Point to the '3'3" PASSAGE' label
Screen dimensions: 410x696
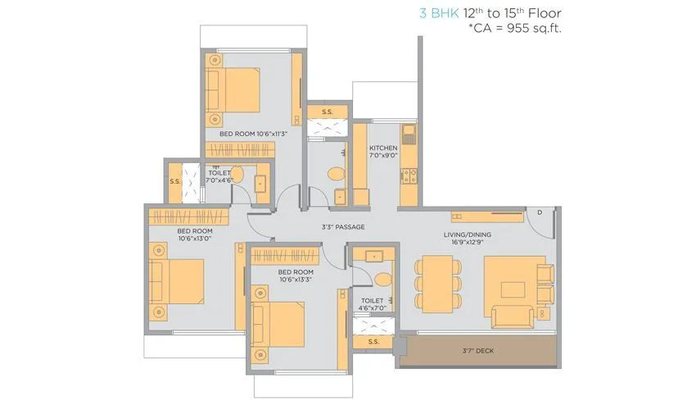(x=342, y=227)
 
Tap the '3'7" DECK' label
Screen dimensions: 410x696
(x=477, y=351)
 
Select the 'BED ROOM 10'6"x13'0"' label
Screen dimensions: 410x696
(x=194, y=235)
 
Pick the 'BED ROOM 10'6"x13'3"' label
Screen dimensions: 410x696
(x=296, y=276)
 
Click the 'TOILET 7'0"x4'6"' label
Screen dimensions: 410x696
(x=219, y=177)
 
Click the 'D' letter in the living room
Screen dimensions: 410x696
(x=539, y=212)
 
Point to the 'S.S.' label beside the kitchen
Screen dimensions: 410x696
(x=327, y=112)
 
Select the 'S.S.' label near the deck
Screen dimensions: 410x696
(x=373, y=340)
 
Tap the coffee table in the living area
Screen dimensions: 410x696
(x=513, y=289)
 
